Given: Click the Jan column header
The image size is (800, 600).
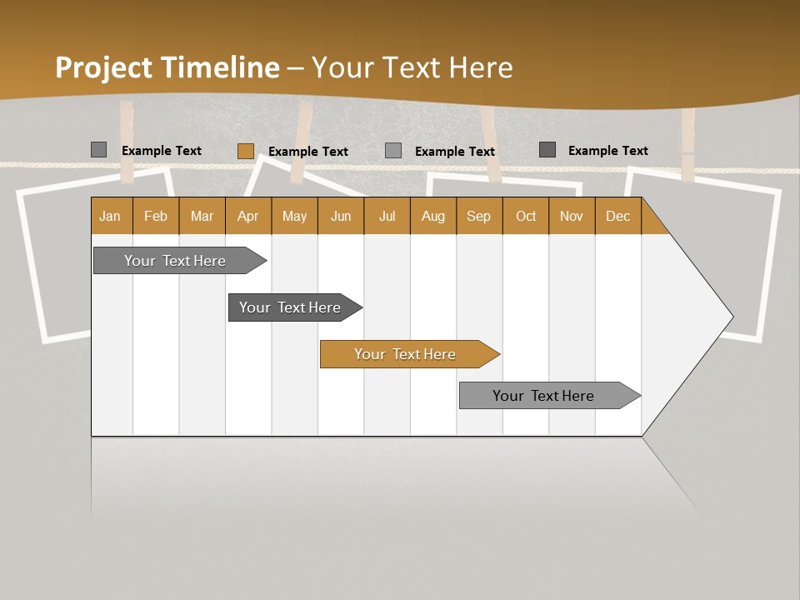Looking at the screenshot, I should click(111, 216).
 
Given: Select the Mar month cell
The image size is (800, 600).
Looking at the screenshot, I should click(202, 216).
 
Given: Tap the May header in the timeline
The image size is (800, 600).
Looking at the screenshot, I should click(294, 216).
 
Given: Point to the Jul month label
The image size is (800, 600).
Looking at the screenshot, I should click(387, 216).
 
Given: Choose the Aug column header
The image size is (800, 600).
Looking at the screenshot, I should click(432, 216).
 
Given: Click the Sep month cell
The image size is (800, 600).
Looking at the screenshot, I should click(478, 216).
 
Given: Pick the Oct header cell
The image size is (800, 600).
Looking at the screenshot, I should click(526, 216).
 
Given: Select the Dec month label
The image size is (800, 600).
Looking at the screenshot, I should click(617, 216).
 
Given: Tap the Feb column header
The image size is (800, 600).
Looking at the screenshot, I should click(156, 216).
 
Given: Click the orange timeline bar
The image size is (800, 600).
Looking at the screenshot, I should click(406, 354).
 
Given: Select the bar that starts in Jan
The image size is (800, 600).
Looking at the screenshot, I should click(176, 261).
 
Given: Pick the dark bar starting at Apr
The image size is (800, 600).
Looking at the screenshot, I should click(291, 307).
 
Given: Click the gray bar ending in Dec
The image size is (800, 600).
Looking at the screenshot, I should click(544, 396).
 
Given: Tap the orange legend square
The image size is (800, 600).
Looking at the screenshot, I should click(245, 151).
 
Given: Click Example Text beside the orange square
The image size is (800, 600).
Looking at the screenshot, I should click(308, 152).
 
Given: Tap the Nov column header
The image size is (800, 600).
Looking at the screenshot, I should click(571, 216).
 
